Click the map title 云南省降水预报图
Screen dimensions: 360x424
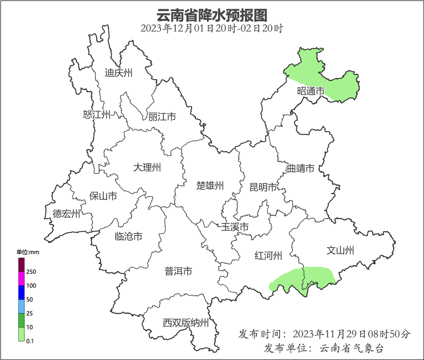(212, 15)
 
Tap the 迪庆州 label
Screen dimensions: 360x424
(118, 73)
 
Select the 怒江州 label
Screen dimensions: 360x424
(97, 114)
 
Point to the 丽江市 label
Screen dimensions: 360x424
(162, 117)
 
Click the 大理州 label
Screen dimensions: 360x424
(147, 167)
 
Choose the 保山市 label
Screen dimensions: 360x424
(103, 196)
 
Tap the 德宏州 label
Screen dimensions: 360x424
(66, 214)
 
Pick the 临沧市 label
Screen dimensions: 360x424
(128, 236)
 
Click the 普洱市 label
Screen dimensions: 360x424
(178, 272)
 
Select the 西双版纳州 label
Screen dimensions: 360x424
(186, 323)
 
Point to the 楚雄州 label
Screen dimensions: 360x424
(210, 186)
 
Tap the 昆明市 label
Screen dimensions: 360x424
(263, 187)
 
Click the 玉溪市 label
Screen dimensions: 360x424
(235, 227)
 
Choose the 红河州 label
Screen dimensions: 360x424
(268, 255)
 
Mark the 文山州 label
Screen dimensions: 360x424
(340, 251)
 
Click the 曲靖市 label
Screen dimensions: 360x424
(301, 168)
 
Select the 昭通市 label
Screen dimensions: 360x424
(311, 91)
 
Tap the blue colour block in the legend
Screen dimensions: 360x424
(21, 292)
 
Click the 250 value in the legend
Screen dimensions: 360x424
(31, 272)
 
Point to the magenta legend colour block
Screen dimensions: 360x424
(21, 278)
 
